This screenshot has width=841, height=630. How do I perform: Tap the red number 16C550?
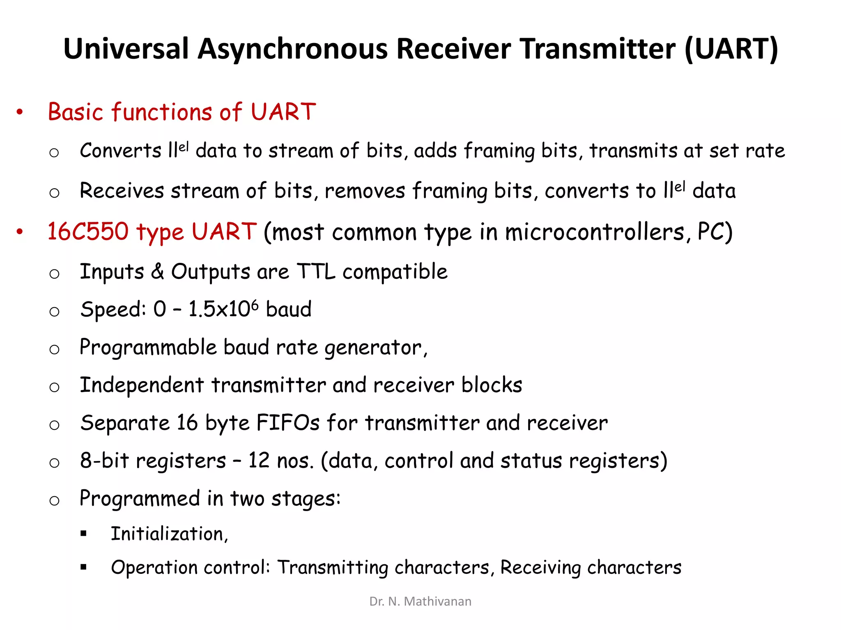[88, 232]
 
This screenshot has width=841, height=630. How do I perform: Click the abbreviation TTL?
[315, 272]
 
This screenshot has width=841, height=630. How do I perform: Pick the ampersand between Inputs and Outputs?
[158, 272]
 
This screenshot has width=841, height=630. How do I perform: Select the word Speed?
[113, 310]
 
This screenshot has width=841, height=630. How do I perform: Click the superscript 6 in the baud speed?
[255, 304]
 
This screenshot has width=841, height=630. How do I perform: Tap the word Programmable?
[148, 348]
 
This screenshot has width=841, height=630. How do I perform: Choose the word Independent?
[142, 385]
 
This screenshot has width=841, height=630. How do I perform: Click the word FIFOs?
[288, 423]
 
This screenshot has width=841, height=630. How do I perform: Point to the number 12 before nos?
[259, 461]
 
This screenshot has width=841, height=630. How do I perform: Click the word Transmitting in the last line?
[333, 568]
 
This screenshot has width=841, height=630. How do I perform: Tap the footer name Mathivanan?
[438, 601]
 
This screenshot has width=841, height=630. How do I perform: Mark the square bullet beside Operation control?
[84, 568]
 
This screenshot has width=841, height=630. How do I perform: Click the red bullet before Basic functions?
[20, 112]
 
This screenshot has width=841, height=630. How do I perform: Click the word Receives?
[122, 191]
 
